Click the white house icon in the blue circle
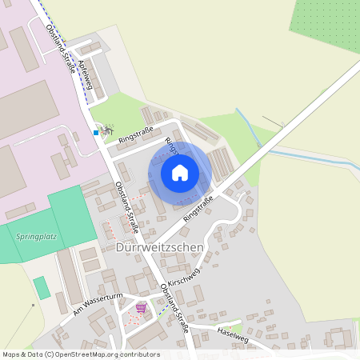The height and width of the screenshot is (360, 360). pyautogui.click(x=180, y=173)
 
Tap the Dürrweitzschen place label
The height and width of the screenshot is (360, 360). pyautogui.click(x=160, y=248)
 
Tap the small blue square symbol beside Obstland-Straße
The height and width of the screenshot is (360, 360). pyautogui.click(x=96, y=133)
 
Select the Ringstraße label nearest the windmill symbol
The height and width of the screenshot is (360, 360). pyautogui.click(x=135, y=134)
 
